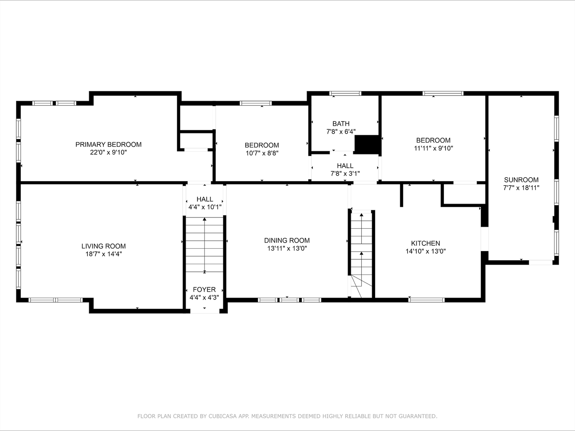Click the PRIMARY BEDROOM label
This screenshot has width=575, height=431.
[108, 144]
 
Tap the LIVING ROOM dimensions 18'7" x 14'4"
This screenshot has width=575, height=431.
[103, 254]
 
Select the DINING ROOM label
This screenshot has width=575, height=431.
[287, 240]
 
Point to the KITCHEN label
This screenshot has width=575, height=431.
[426, 243]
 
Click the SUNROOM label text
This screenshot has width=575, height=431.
[521, 180]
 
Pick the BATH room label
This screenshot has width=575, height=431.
[341, 123]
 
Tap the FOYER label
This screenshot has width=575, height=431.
[204, 289]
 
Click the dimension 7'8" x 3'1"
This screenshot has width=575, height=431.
[345, 174]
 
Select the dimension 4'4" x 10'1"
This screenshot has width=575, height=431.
[205, 207]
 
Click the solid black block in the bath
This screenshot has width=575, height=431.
[367, 144]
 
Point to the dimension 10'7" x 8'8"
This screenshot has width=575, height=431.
[262, 153]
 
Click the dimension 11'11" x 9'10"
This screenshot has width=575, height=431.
[433, 148]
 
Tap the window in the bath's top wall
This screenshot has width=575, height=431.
[345, 93]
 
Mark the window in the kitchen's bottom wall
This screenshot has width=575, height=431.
[426, 300]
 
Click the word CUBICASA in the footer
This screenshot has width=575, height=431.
[221, 416]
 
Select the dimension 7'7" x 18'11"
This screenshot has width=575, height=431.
[521, 188]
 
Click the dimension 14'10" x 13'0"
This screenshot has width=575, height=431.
[426, 251]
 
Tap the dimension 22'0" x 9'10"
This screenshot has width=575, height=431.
[108, 152]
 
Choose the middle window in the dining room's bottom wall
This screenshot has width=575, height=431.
[289, 300]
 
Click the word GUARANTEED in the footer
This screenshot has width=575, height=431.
[418, 416]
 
